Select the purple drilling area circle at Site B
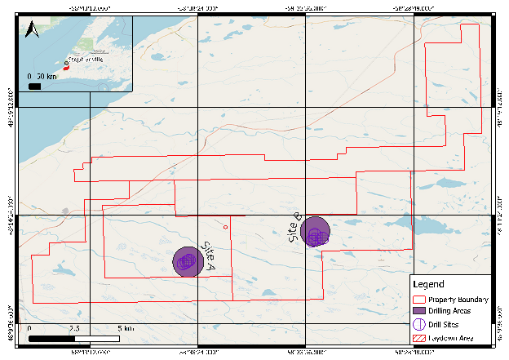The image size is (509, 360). [315, 231]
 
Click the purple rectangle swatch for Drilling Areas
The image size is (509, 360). [421, 312]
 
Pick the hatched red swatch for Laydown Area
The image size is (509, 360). [421, 336]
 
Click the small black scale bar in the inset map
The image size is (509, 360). [35, 84]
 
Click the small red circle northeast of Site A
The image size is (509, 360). [226, 226]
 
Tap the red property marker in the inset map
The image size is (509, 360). [66, 69]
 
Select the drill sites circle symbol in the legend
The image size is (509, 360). [421, 324]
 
